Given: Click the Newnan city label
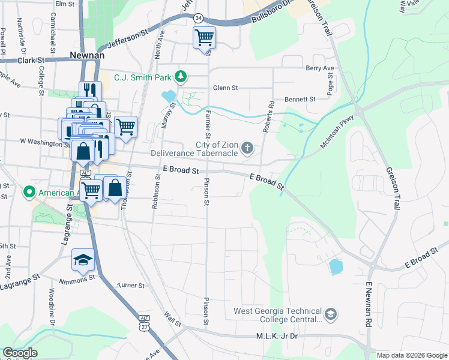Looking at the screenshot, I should pos(87,55).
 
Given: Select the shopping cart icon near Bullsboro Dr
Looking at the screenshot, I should pos(204,38).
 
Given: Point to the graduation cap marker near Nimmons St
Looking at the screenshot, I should pos(83,259).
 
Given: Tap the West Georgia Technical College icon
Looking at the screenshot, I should pos(330,314).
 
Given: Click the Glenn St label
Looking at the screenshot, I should pos(226,88).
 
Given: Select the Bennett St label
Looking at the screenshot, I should pos(300,98).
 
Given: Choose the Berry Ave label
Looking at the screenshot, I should pos(319,68).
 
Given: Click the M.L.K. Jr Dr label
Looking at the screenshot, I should pos(277,337).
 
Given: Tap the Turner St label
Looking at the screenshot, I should pos(131,286).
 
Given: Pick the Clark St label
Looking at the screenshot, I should pos(31,60).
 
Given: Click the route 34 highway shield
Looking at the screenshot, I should pos(199,19).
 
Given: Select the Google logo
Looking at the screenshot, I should pos(20,353).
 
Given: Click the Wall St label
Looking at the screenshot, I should pos(173,320).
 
